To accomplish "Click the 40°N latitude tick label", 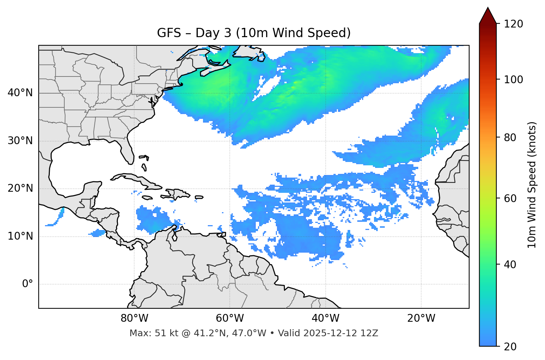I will [x=20, y=93].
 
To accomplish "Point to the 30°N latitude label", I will [x=20, y=141].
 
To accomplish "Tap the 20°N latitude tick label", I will [x=20, y=188].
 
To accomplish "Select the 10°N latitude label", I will [x=20, y=236].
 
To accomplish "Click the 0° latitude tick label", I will [x=28, y=284].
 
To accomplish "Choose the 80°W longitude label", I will [x=134, y=318].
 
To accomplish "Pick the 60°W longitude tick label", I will [x=230, y=318].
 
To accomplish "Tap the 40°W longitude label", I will [x=325, y=318].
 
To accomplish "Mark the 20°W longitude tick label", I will [x=421, y=318].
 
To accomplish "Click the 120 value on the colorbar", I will [x=513, y=24].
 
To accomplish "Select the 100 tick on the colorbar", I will [x=513, y=80].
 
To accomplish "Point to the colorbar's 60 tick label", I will [x=510, y=198].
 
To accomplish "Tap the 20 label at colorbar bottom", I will [x=510, y=346].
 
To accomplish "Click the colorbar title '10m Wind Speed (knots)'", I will [x=532, y=185].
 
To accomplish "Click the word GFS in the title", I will [x=169, y=33].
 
